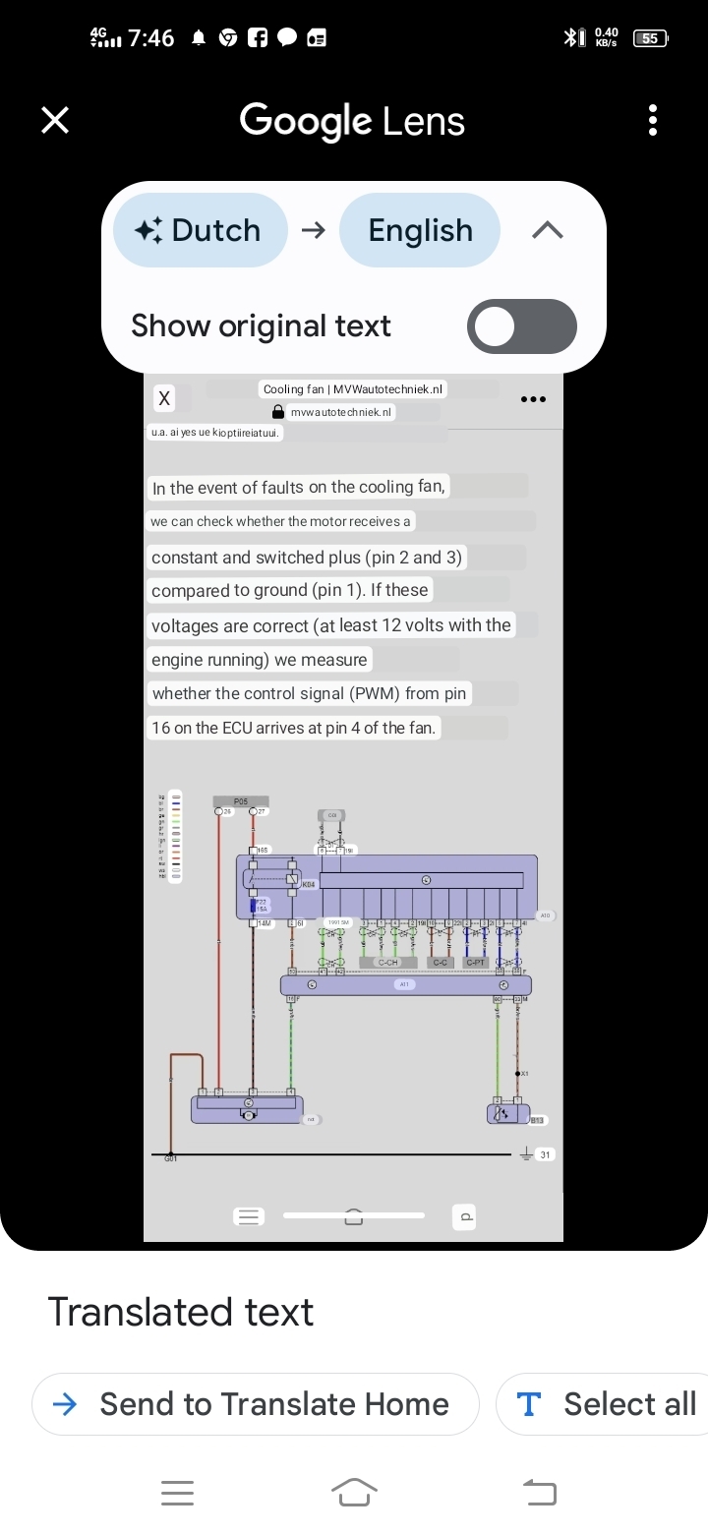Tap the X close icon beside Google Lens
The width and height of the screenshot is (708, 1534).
tap(55, 120)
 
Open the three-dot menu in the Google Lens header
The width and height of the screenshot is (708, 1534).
tap(653, 120)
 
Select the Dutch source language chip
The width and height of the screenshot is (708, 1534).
tap(201, 230)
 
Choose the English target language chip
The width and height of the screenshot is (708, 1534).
tap(420, 230)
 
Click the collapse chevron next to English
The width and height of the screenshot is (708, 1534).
tap(548, 230)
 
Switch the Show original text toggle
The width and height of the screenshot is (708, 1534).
tap(521, 326)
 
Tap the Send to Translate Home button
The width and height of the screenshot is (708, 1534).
tap(256, 1404)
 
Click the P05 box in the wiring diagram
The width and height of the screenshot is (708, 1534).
tap(241, 801)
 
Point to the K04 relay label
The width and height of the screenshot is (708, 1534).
tap(308, 885)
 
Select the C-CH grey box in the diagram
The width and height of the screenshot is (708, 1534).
tap(388, 962)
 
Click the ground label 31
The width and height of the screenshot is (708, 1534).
tap(545, 1154)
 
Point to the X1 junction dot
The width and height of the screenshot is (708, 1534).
tap(518, 1074)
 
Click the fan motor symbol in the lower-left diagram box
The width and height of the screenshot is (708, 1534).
tap(249, 1113)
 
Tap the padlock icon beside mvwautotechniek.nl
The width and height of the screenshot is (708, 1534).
tap(278, 412)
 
